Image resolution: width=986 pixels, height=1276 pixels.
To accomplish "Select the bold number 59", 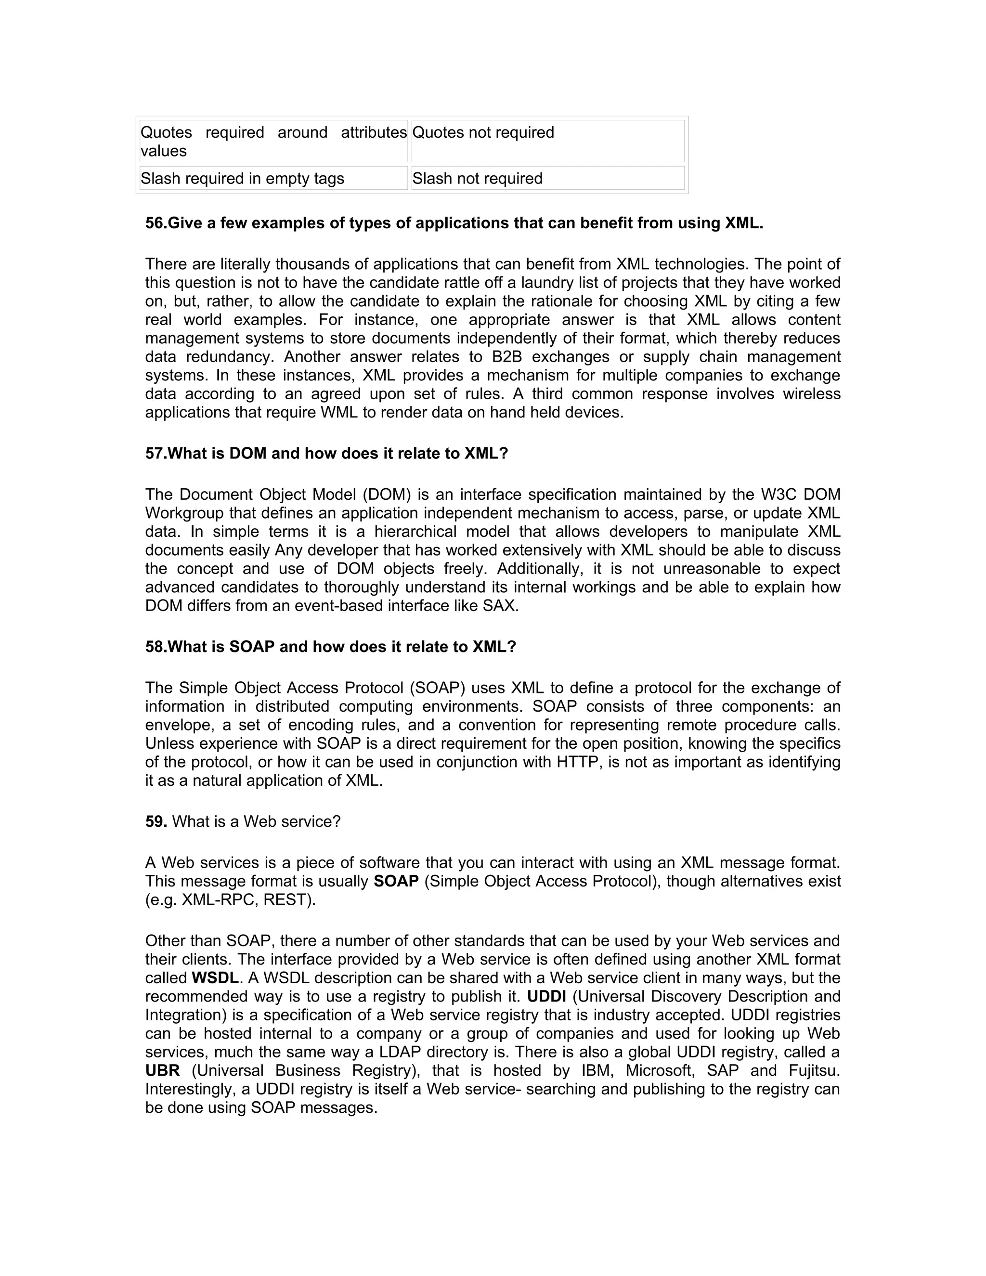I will coord(156,821).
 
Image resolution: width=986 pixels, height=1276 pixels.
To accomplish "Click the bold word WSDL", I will coord(215,978).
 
